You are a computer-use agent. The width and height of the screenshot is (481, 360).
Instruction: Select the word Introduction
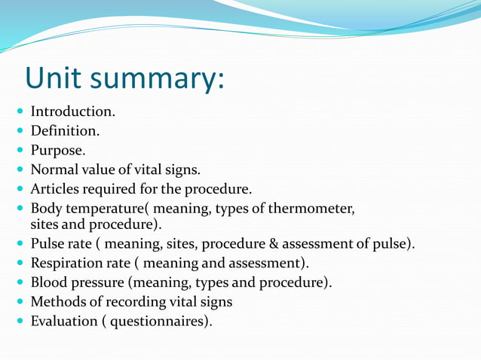(72, 111)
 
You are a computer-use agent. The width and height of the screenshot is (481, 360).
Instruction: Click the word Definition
(65, 130)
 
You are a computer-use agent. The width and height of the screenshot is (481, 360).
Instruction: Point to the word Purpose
(57, 150)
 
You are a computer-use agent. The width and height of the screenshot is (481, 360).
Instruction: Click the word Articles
(55, 188)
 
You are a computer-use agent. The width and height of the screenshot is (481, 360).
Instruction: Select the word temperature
(106, 208)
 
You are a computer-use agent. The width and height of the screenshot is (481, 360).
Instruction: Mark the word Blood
(49, 282)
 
